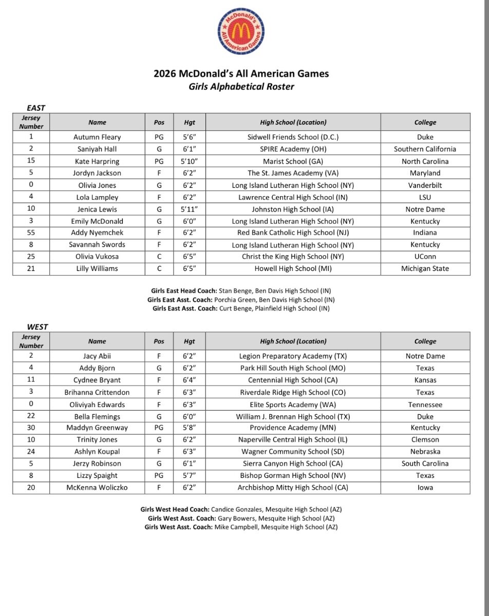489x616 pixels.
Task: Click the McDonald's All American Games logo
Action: (x=241, y=32)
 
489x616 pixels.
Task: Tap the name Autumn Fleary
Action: (x=97, y=137)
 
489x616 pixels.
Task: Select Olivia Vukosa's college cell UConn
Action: (x=425, y=256)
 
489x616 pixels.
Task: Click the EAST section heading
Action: (x=36, y=108)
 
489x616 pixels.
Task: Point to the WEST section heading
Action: (x=37, y=326)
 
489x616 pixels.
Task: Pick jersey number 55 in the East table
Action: (x=31, y=233)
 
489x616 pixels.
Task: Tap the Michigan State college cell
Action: (x=425, y=268)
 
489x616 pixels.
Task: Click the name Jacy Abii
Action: (x=97, y=356)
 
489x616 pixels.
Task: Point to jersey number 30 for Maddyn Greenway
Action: (x=31, y=428)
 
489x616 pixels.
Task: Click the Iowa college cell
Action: (x=425, y=488)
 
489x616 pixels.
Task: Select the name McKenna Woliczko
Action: (x=97, y=488)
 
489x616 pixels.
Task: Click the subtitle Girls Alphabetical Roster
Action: (x=241, y=86)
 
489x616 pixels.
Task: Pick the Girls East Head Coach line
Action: (x=241, y=291)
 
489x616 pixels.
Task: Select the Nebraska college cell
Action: (x=425, y=452)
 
